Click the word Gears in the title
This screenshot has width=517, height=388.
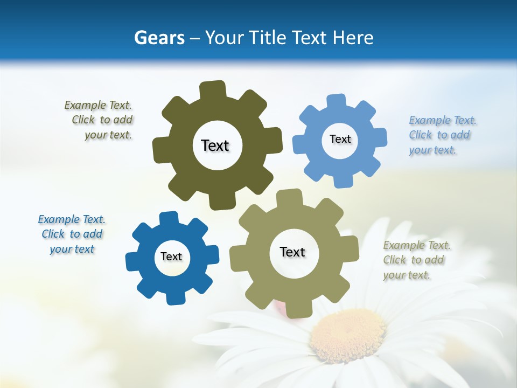tap(159, 38)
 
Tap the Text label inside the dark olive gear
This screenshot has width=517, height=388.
tap(215, 145)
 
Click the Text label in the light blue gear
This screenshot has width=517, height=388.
tap(340, 139)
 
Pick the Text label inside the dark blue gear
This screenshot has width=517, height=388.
tap(171, 257)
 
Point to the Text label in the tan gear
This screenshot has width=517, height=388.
tap(292, 252)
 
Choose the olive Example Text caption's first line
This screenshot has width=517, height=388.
tap(98, 105)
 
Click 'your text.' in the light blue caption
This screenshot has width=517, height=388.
tap(432, 150)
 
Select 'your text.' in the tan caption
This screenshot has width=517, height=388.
tap(407, 275)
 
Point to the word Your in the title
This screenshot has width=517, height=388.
tap(226, 38)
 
